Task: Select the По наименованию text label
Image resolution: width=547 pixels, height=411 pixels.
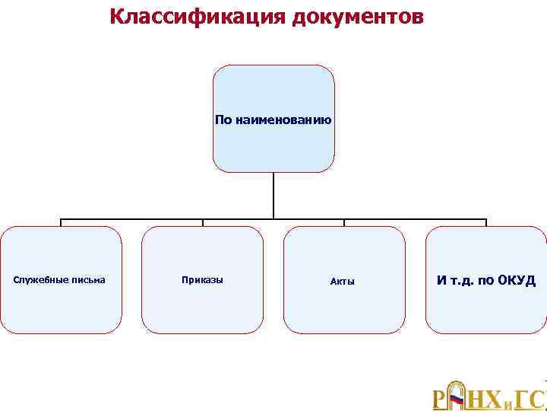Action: coord(273,119)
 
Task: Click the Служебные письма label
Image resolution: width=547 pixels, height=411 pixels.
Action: coord(60,280)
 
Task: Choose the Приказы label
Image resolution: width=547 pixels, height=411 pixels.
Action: coord(202,280)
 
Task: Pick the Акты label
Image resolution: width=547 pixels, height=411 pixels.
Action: coord(343,282)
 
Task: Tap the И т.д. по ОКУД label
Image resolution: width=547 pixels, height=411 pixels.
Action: coord(486,281)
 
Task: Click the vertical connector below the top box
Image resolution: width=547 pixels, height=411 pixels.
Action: coord(273,196)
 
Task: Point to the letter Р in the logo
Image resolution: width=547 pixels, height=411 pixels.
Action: coord(439,400)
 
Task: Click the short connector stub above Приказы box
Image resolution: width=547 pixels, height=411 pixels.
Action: coord(203,223)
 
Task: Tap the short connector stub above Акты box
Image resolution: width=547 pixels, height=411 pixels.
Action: coord(344,223)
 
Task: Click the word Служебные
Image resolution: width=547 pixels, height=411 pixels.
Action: coord(43,280)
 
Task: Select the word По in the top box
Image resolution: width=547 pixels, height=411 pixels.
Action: coord(224,119)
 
